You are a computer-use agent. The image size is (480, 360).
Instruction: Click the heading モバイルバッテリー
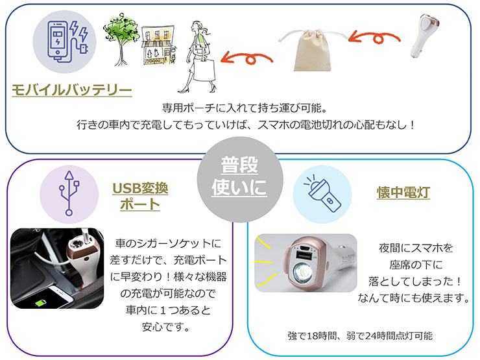click(x=71, y=90)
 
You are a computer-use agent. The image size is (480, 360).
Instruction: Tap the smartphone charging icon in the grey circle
click(x=67, y=42)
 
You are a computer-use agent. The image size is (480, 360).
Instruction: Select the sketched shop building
click(x=158, y=45)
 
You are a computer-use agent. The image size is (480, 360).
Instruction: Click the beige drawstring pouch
click(x=313, y=50)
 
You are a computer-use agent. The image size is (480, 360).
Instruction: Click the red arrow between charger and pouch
click(x=374, y=38)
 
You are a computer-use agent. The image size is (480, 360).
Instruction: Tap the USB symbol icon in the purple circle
click(x=69, y=193)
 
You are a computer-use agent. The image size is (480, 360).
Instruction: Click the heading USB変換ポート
click(x=140, y=197)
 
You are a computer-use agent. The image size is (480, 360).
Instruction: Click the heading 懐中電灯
click(x=403, y=193)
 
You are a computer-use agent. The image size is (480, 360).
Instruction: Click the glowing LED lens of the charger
click(x=302, y=273)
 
